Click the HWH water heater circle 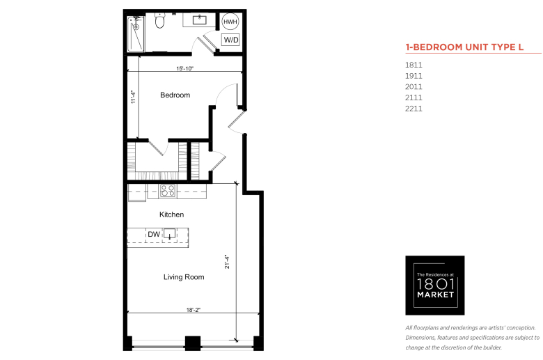click(230, 22)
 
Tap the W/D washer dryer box click(231, 40)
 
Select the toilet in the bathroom click(159, 21)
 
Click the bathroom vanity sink click(200, 19)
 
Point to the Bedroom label click(175, 95)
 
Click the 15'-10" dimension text click(184, 68)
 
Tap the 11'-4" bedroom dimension click(134, 97)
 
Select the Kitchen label click(171, 214)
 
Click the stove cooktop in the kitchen click(168, 191)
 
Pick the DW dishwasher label click(154, 234)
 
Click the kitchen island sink click(169, 233)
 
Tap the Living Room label click(184, 277)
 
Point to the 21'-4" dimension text click(227, 262)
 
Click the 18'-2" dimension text click(194, 310)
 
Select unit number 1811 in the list click(414, 65)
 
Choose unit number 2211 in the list click(414, 109)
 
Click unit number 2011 click(414, 86)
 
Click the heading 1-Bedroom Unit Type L click(464, 47)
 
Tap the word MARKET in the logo click(435, 295)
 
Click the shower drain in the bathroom click(136, 26)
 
